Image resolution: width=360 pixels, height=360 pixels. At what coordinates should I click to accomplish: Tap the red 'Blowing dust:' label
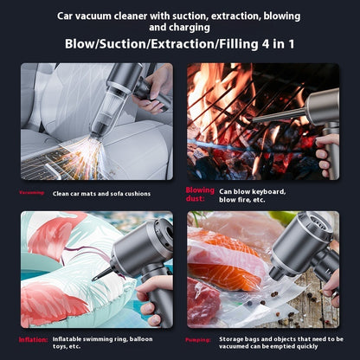(199, 194)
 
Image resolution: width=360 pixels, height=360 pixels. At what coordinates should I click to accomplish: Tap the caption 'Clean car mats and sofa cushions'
(101, 194)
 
